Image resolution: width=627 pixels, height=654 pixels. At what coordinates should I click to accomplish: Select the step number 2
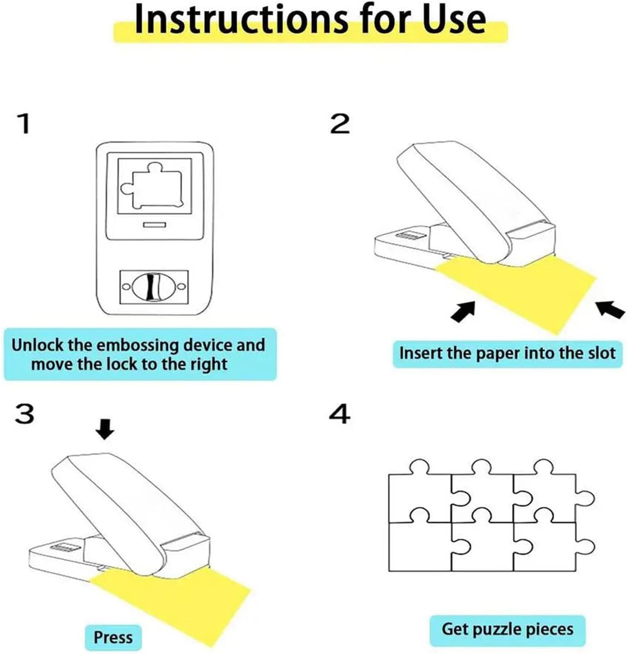pos(340,124)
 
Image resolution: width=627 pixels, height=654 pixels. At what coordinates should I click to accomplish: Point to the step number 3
pos(24,414)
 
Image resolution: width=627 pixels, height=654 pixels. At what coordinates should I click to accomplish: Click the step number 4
pos(340,414)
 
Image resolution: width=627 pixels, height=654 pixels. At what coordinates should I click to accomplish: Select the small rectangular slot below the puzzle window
pos(154,225)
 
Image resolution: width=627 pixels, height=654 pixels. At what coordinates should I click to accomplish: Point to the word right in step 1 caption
pos(209,365)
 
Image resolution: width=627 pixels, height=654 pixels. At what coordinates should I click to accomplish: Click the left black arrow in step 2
pos(463,311)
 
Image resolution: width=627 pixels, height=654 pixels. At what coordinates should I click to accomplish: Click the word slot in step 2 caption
pos(602,353)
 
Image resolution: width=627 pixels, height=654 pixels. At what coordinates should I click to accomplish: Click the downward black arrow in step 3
pos(105,430)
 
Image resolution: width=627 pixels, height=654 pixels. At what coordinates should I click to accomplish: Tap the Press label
pos(113,637)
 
